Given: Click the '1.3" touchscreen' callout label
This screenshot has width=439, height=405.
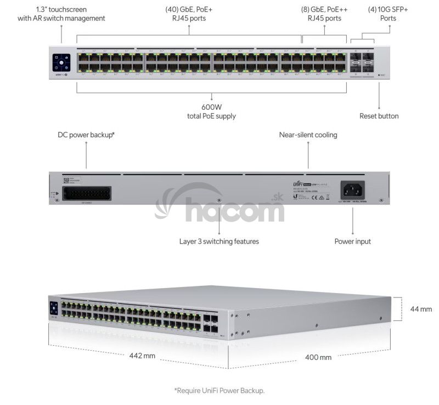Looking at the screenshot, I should pyautogui.click(x=61, y=14).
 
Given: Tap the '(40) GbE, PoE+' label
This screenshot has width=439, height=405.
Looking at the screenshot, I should pyautogui.click(x=190, y=14).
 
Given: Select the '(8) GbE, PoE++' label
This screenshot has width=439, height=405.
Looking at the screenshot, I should pyautogui.click(x=324, y=14).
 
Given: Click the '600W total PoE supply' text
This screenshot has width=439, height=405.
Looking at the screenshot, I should pyautogui.click(x=211, y=112).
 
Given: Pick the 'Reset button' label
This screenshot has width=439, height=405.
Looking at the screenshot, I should pyautogui.click(x=379, y=116).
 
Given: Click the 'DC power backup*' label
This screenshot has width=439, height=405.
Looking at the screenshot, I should pyautogui.click(x=86, y=134).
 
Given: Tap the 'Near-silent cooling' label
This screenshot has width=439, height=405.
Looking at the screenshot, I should pyautogui.click(x=308, y=134).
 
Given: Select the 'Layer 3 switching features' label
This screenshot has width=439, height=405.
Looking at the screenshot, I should pyautogui.click(x=219, y=241).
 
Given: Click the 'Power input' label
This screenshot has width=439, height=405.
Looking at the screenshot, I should pyautogui.click(x=352, y=241).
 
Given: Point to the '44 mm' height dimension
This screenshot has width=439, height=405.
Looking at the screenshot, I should pyautogui.click(x=421, y=309).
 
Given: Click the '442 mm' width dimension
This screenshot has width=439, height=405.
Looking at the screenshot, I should pyautogui.click(x=142, y=356).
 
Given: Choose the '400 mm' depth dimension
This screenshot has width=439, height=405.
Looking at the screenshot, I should pyautogui.click(x=318, y=357).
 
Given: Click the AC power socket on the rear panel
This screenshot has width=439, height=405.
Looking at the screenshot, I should pyautogui.click(x=353, y=190).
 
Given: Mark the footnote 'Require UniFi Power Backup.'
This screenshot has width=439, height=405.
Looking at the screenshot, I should pyautogui.click(x=219, y=391).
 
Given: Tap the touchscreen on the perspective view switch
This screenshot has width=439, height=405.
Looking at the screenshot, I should pyautogui.click(x=54, y=308).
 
